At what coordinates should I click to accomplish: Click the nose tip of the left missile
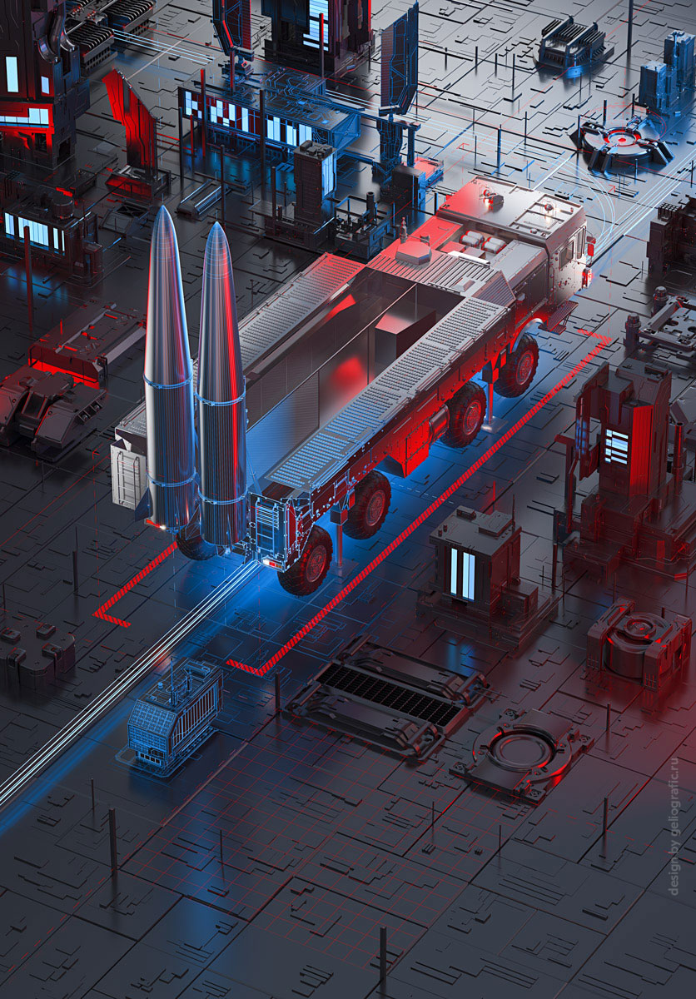click(x=162, y=206)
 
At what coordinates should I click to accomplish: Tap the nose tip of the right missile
click(x=216, y=223)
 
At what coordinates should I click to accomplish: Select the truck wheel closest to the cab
click(x=517, y=365)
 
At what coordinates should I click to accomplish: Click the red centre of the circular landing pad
click(x=619, y=140)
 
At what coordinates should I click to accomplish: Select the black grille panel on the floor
click(x=388, y=696)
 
